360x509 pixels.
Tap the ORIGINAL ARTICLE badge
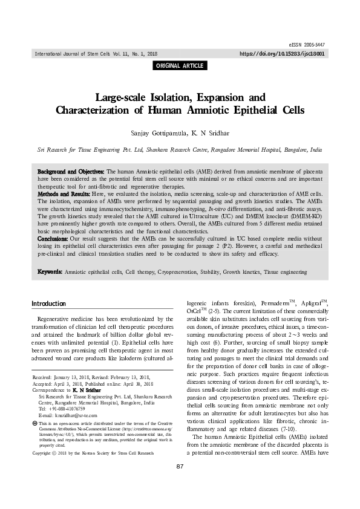tap(180, 66)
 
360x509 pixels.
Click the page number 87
tap(180, 500)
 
